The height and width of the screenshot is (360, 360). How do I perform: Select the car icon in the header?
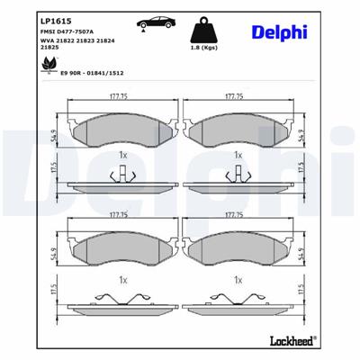point(144,23)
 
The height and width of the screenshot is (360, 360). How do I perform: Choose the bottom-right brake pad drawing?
point(238,245)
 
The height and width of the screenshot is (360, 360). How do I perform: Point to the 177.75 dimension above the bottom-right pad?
point(237,216)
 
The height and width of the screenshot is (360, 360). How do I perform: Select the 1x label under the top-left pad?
point(121,156)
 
